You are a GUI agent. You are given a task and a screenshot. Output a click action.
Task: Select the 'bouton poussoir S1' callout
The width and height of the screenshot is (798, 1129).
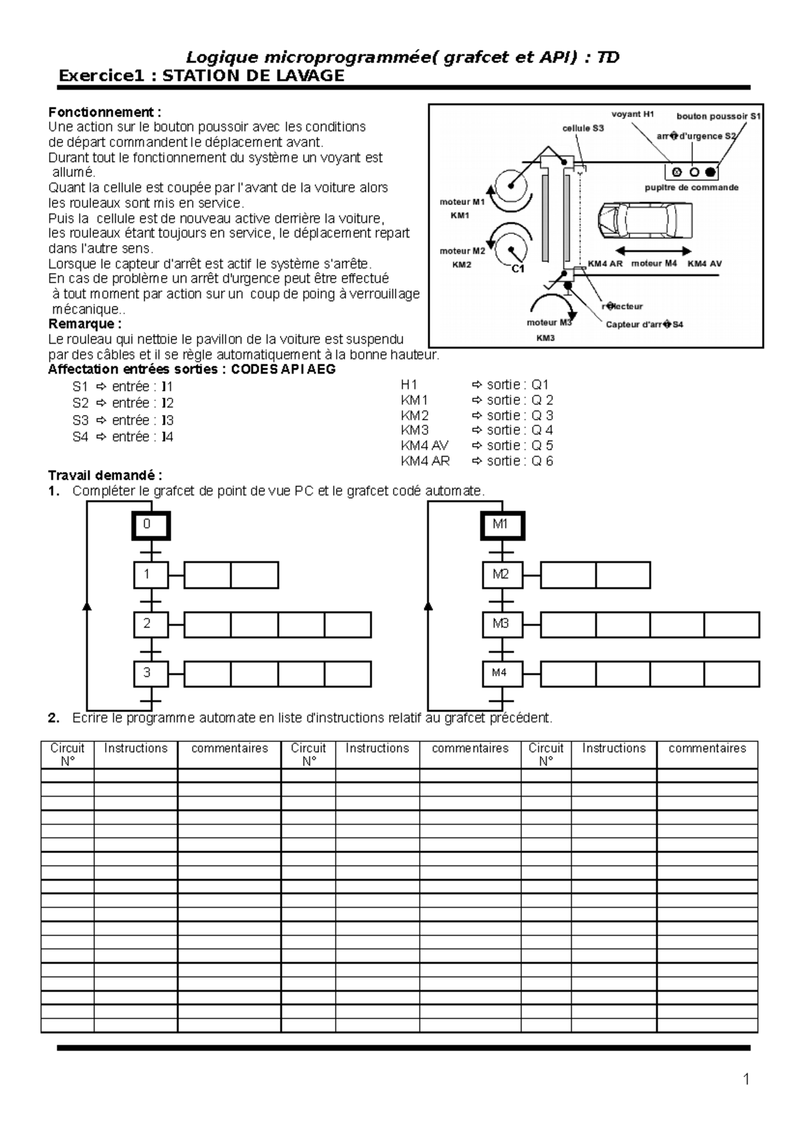tap(718, 116)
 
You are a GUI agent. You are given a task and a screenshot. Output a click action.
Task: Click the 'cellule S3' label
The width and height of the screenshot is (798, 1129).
tap(583, 128)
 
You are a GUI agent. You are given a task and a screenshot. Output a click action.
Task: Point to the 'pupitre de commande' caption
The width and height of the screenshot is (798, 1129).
tap(692, 188)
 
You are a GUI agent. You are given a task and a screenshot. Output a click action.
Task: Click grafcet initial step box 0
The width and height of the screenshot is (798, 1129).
tap(150, 525)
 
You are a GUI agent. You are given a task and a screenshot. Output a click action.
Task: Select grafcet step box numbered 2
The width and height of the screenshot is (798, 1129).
tap(150, 624)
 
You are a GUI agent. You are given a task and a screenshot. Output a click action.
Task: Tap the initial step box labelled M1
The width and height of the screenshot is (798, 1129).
tap(502, 525)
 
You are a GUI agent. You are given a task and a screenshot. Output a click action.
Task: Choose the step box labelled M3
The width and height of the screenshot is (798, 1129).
tap(502, 624)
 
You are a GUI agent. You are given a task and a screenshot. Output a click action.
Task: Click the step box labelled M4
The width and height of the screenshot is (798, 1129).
tap(502, 674)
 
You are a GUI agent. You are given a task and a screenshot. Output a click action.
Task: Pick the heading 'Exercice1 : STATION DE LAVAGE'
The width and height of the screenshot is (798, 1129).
tap(201, 76)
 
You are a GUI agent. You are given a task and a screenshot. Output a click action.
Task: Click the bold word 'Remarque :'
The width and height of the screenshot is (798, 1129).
tap(85, 324)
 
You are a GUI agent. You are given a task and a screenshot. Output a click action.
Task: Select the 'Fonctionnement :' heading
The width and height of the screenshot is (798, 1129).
tap(104, 112)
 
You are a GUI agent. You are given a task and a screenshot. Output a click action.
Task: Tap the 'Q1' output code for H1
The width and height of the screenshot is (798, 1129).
tap(540, 384)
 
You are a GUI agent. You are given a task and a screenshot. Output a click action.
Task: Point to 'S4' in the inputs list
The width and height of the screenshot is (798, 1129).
tap(80, 437)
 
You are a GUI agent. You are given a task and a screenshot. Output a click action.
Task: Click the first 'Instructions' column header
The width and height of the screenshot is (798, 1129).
tap(136, 749)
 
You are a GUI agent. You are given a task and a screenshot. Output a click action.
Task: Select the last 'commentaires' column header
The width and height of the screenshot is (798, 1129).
tap(707, 749)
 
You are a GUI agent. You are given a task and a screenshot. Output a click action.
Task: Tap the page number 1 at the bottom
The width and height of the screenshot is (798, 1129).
tap(746, 1079)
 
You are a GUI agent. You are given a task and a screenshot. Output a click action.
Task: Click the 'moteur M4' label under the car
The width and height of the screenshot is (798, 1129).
tap(654, 264)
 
